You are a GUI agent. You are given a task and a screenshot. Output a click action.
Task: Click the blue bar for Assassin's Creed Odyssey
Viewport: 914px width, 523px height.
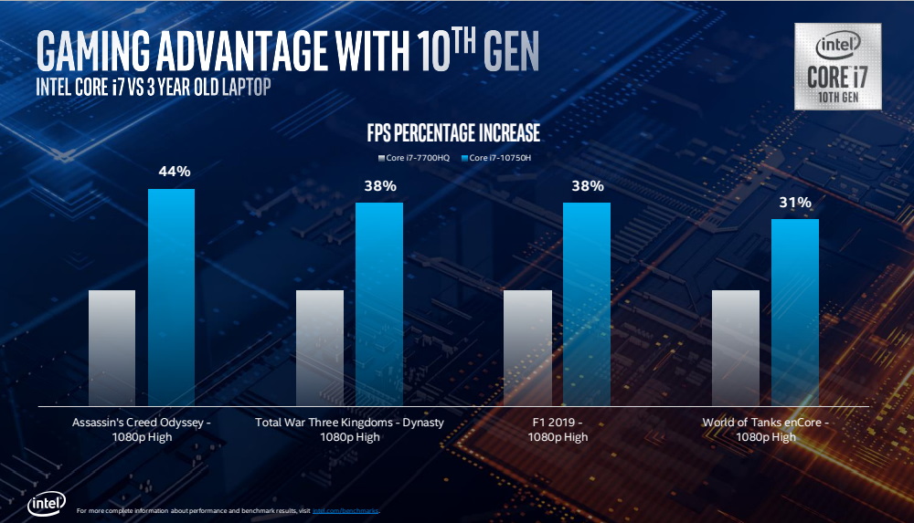tap(172, 297)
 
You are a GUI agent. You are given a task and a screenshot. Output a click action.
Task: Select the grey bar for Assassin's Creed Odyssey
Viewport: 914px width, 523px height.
tap(112, 347)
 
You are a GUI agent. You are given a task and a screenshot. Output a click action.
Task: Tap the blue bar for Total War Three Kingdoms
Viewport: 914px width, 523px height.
tap(379, 303)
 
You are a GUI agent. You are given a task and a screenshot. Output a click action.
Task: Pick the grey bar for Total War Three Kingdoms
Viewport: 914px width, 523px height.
tap(320, 347)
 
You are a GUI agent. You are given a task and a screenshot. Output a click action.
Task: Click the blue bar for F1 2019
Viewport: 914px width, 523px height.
tap(587, 303)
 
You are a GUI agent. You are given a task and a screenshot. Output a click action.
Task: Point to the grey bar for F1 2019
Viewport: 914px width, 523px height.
tap(527, 347)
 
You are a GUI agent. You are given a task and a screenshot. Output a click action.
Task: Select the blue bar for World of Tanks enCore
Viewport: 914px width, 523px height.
tap(795, 311)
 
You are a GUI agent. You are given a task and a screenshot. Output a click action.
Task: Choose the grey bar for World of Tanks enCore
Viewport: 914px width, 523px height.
tap(735, 347)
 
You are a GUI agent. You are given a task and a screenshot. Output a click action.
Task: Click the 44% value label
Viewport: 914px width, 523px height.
tap(172, 172)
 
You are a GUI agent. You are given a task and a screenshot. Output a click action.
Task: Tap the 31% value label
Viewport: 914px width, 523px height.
tap(795, 203)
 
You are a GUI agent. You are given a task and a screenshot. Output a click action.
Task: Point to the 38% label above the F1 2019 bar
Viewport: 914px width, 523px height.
tap(587, 186)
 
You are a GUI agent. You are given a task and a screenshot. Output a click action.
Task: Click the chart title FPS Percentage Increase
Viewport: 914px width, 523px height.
tap(453, 134)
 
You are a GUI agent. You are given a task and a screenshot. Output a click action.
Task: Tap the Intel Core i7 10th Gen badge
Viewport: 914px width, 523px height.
tap(837, 67)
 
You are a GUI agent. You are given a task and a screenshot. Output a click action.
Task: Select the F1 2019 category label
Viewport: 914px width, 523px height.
tap(557, 430)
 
